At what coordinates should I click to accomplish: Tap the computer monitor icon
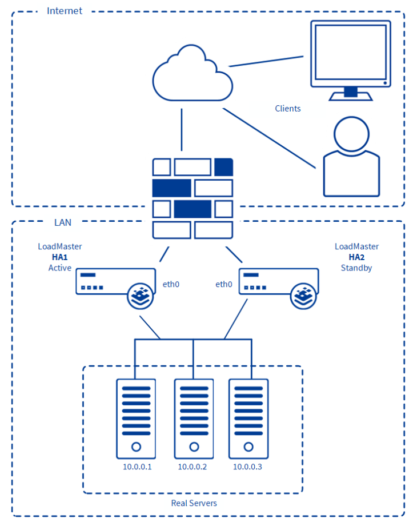click(x=350, y=57)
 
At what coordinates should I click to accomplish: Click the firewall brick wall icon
click(x=193, y=198)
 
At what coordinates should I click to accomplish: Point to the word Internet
click(x=64, y=11)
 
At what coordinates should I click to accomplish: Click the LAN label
click(x=62, y=222)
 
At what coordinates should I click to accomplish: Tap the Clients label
click(x=287, y=109)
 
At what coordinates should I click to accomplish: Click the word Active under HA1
click(x=59, y=268)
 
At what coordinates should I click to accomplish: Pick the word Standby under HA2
click(x=356, y=268)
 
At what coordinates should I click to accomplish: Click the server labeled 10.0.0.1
click(x=136, y=419)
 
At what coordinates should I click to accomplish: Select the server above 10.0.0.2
click(x=193, y=419)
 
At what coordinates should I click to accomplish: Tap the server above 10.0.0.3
click(x=248, y=419)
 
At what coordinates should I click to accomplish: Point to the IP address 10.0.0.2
click(x=193, y=467)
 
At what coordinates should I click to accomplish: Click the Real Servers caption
click(x=194, y=503)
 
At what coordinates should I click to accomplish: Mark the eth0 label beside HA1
click(x=171, y=284)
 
